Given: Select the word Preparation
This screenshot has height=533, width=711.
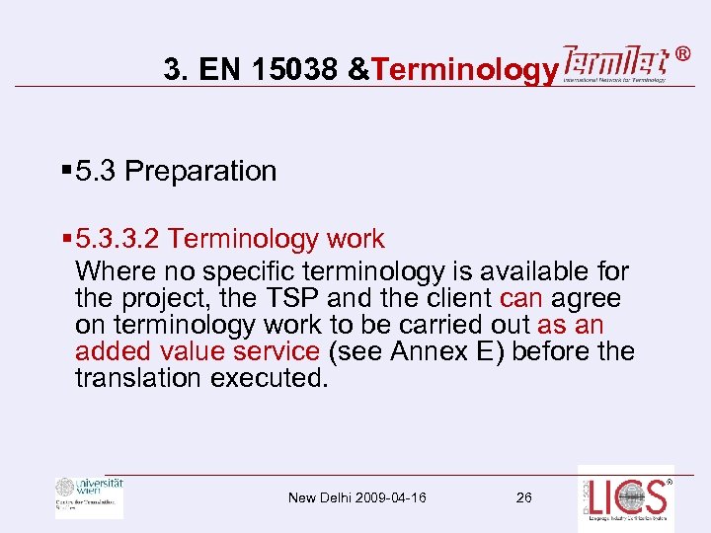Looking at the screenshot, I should [x=200, y=171].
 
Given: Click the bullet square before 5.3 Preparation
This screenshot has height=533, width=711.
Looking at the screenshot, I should [x=65, y=171].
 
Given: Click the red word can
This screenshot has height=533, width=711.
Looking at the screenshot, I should [x=521, y=297].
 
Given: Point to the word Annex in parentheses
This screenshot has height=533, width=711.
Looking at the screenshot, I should [x=431, y=351].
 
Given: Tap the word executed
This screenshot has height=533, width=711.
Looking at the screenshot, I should [x=268, y=378].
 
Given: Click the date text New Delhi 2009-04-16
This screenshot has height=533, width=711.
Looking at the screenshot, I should [x=357, y=497].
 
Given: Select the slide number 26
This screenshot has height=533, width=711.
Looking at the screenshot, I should [x=523, y=497].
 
